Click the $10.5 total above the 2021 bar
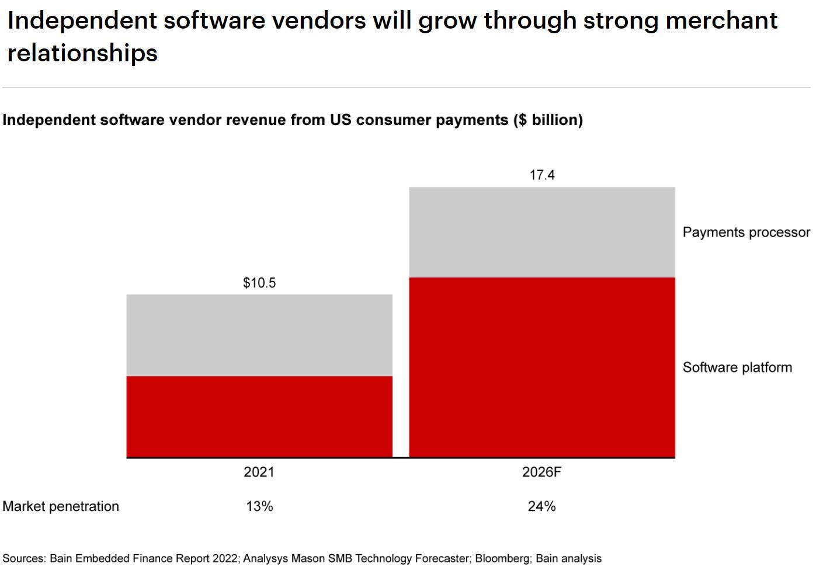(x=259, y=283)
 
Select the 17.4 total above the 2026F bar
(x=541, y=175)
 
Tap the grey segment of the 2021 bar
(x=259, y=335)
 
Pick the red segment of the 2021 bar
(x=259, y=416)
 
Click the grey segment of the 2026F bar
(x=541, y=232)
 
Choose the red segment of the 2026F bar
(x=541, y=367)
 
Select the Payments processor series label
(x=746, y=232)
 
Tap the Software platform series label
(x=737, y=367)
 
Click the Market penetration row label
(x=61, y=506)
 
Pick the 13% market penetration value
(x=259, y=506)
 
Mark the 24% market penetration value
(x=541, y=506)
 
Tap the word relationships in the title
(x=82, y=53)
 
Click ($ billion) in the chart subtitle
(x=548, y=120)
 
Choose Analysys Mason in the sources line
(x=283, y=559)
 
